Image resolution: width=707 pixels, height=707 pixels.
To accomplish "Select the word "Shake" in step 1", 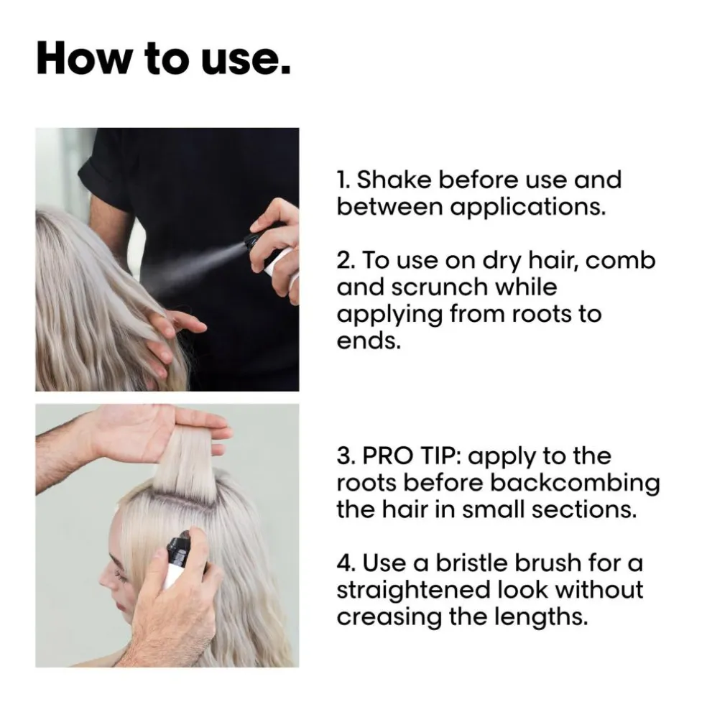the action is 394,180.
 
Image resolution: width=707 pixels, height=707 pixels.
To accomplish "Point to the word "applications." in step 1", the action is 528,208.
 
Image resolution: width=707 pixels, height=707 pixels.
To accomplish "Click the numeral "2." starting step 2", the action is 346,261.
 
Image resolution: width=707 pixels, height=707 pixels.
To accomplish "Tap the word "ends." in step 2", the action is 369,341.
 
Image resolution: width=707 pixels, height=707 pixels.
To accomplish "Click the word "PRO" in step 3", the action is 387,456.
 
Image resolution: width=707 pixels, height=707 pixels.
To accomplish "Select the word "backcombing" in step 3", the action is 575,484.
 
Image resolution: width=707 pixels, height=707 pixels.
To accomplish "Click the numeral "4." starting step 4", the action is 346,563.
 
